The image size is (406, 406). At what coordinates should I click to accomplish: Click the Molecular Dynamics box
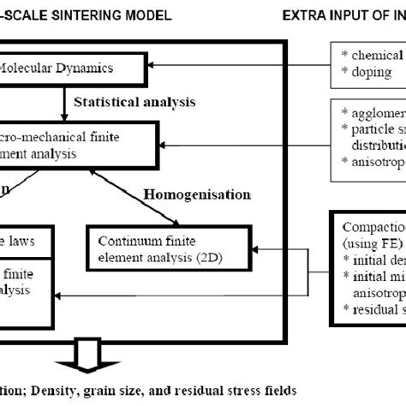click(77, 66)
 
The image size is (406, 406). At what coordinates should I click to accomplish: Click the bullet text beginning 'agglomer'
click(373, 113)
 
